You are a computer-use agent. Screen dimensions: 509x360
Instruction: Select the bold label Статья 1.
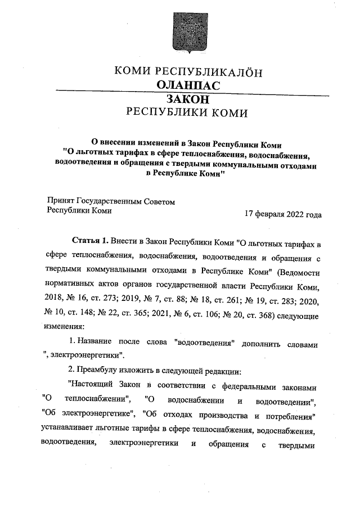91,242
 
